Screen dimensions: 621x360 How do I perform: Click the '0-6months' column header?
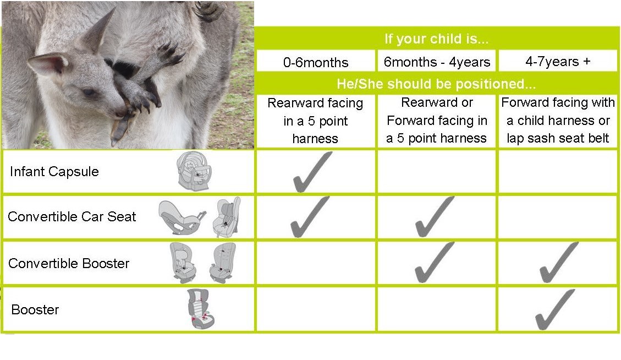pos(316,62)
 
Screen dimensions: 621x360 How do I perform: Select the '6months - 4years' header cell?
pos(437,62)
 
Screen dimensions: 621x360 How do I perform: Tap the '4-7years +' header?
pos(558,62)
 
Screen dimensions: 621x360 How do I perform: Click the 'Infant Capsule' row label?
pos(54,171)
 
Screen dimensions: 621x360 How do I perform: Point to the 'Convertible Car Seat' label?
pos(72,216)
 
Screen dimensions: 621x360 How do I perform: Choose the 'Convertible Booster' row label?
pos(69,263)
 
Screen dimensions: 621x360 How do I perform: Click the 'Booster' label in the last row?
pos(35,309)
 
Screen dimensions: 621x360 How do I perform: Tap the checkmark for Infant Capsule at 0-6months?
pos(312,172)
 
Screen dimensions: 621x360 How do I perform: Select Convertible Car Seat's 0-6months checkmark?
pos(309,217)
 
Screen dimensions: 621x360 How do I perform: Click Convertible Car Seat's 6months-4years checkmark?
pos(434,217)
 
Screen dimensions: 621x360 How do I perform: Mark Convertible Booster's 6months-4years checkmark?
pos(434,263)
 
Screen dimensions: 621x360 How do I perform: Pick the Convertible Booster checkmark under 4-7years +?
pos(558,263)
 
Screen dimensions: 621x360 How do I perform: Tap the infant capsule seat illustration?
pos(194,171)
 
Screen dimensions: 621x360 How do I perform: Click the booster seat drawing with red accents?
pos(201,309)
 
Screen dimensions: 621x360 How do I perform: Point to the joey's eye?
pos(89,92)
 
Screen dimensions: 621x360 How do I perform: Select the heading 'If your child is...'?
pos(436,39)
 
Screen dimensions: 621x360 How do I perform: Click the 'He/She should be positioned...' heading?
pos(436,84)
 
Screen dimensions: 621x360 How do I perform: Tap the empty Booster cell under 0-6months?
pos(316,309)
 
